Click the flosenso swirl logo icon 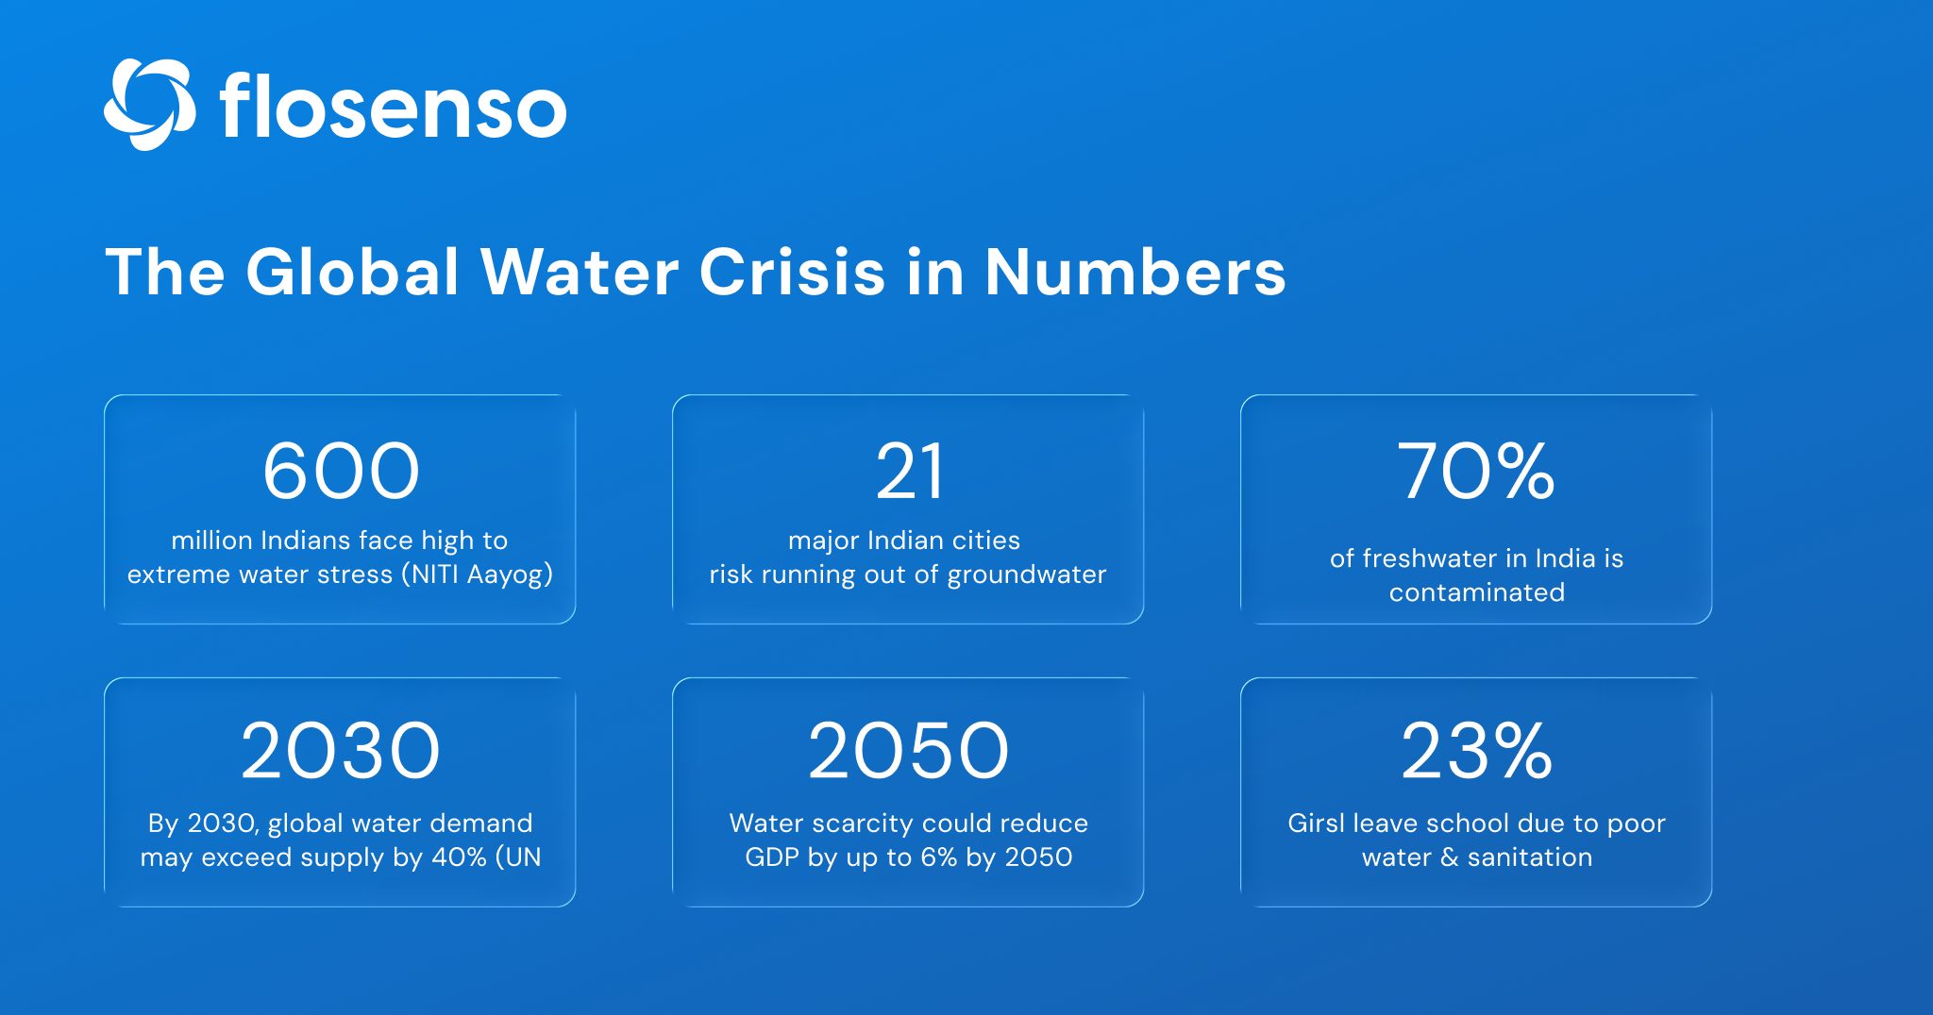pos(149,105)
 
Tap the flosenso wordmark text pos(393,107)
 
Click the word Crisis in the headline pos(792,273)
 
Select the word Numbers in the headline pos(1135,273)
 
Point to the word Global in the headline pos(352,273)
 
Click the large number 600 pos(341,472)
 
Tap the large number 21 pos(908,472)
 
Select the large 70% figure pos(1475,472)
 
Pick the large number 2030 pos(341,752)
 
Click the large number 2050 pos(908,752)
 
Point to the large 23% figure pos(1476,752)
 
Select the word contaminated pos(1476,592)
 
